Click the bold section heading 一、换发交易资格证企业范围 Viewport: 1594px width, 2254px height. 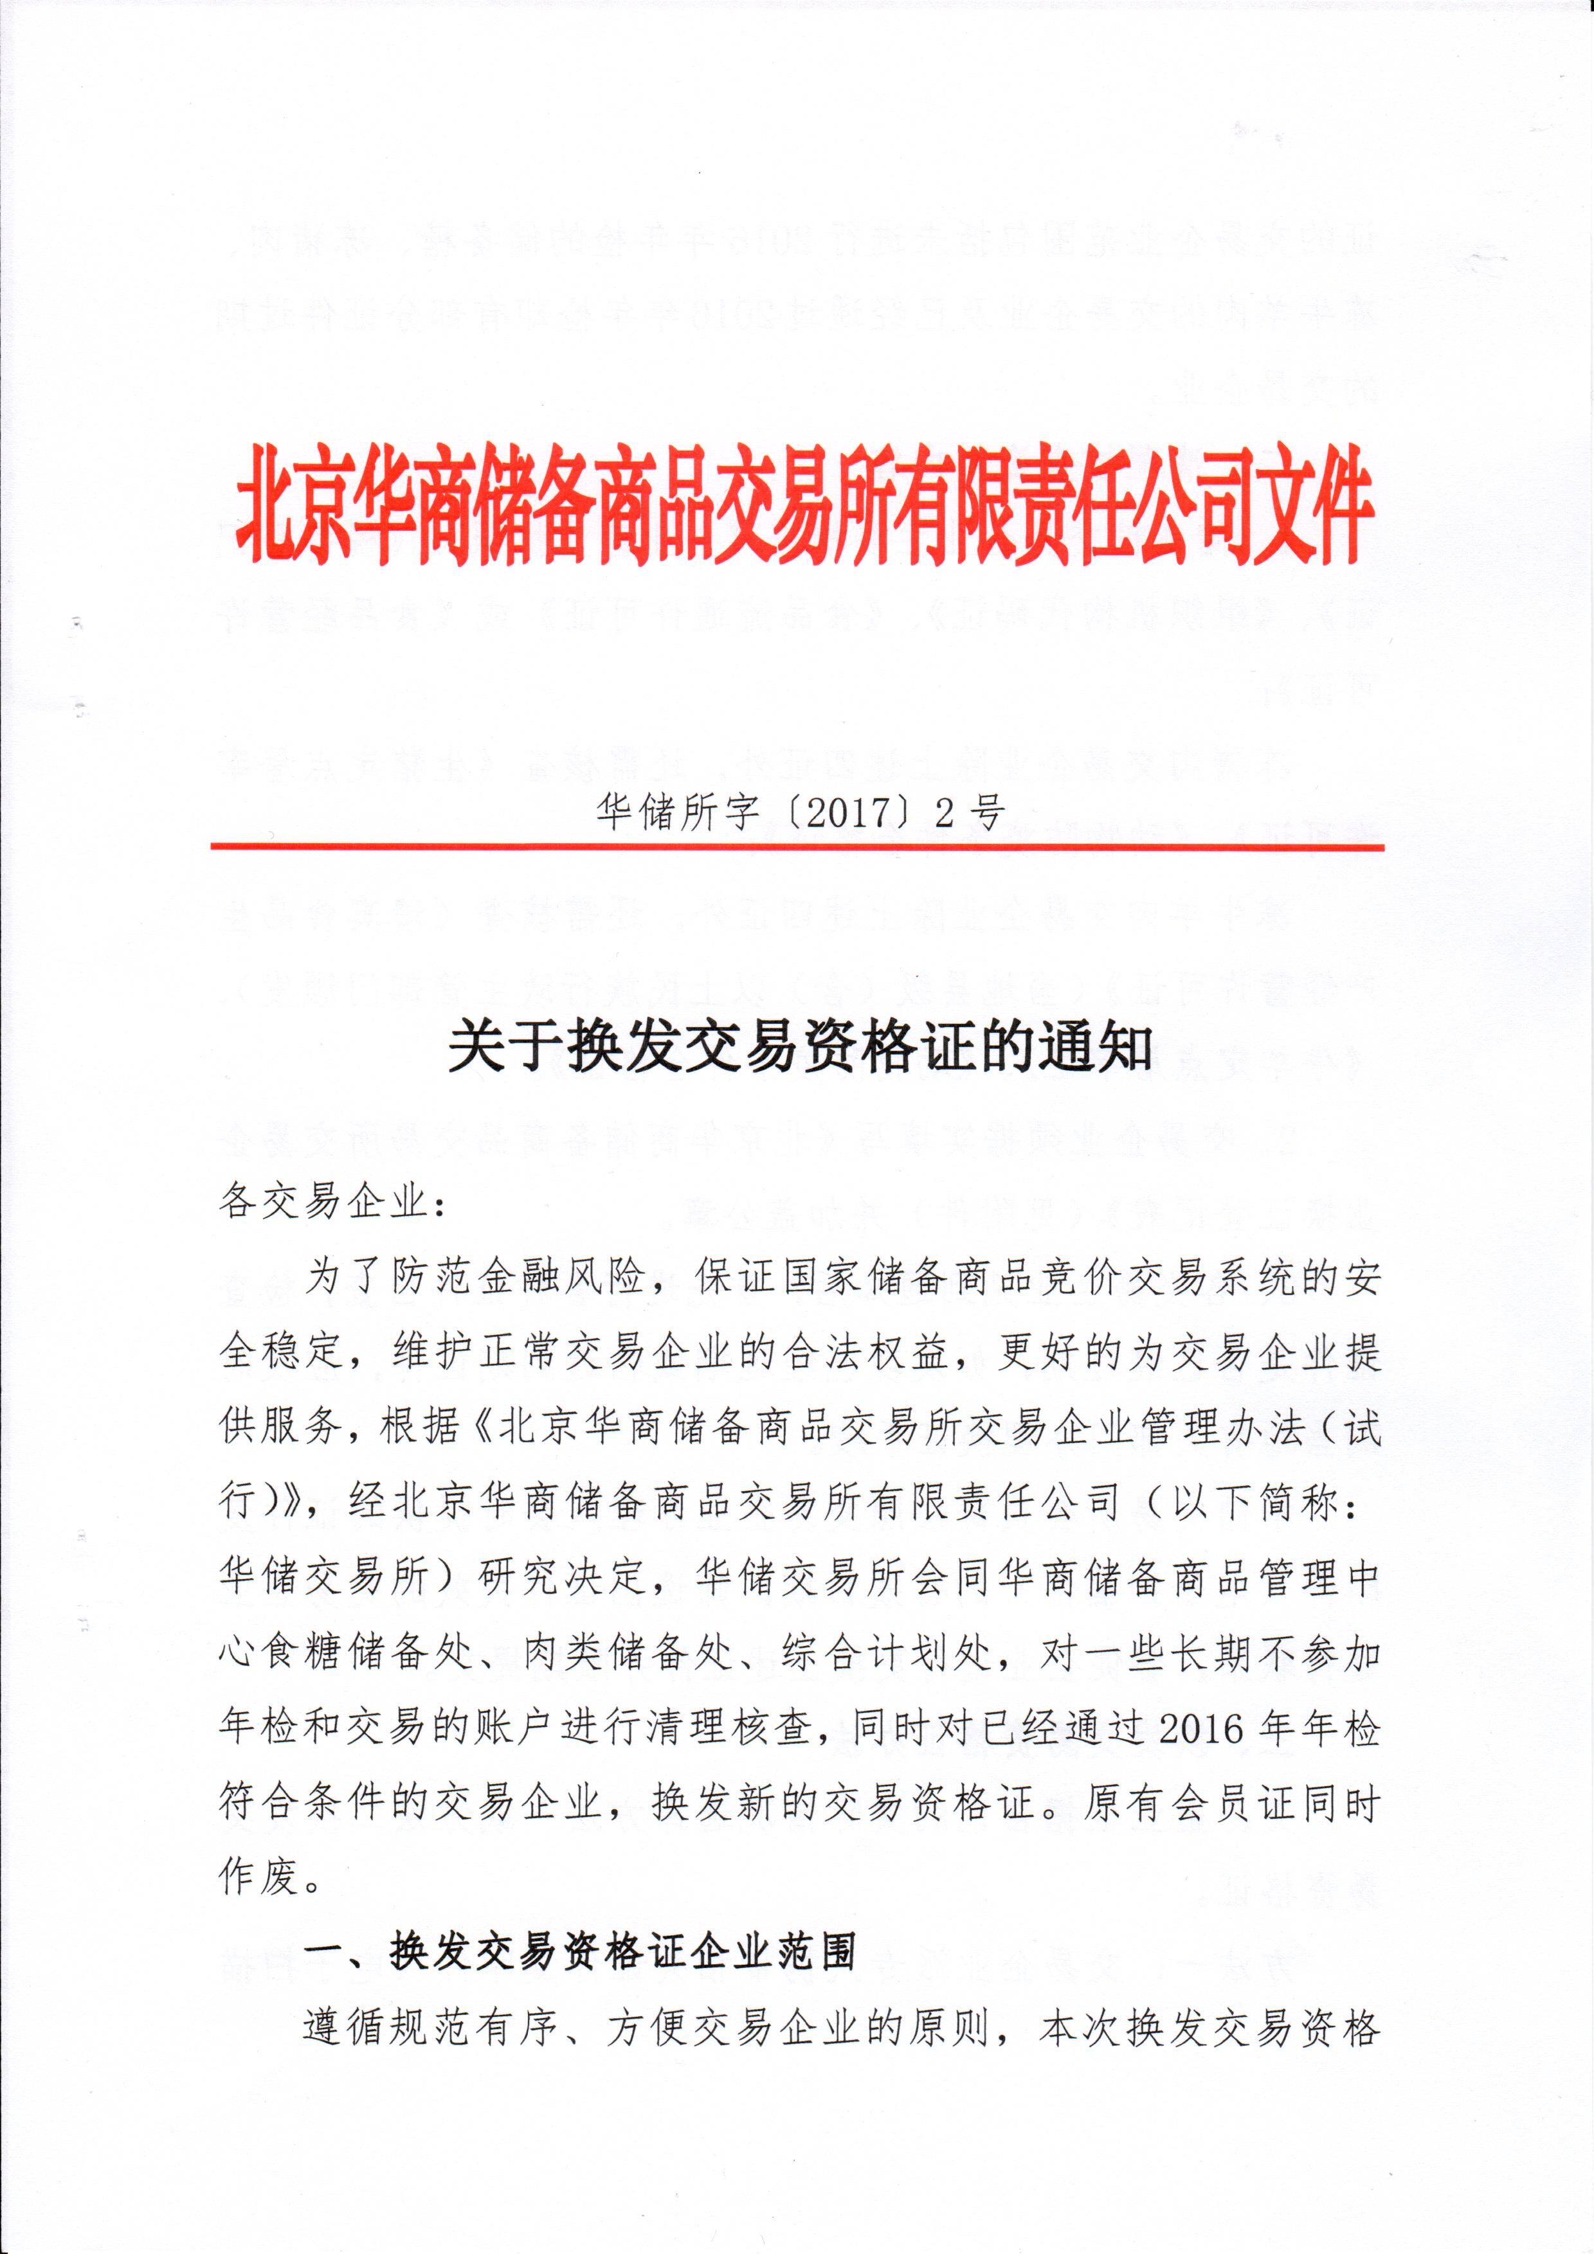click(x=579, y=1954)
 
